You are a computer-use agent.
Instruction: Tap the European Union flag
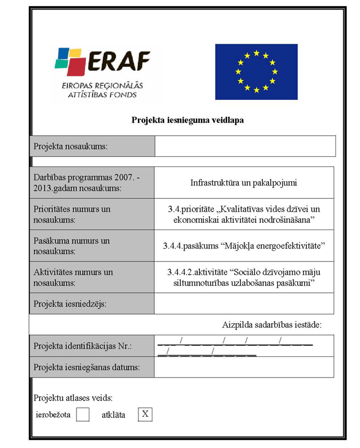pyautogui.click(x=256, y=72)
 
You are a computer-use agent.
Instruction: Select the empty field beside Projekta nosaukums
pyautogui.click(x=245, y=146)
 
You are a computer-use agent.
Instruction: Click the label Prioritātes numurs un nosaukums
pyautogui.click(x=72, y=214)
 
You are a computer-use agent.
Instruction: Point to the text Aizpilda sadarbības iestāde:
pyautogui.click(x=272, y=324)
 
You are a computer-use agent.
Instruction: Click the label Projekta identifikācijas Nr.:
pyautogui.click(x=82, y=346)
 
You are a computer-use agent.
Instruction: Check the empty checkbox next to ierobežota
pyautogui.click(x=83, y=414)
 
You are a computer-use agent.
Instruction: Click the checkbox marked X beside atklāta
pyautogui.click(x=145, y=414)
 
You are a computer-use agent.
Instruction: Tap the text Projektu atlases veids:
pyautogui.click(x=73, y=398)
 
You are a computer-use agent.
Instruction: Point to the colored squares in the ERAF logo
pyautogui.click(x=69, y=61)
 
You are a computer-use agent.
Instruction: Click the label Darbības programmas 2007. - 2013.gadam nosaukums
pyautogui.click(x=87, y=183)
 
